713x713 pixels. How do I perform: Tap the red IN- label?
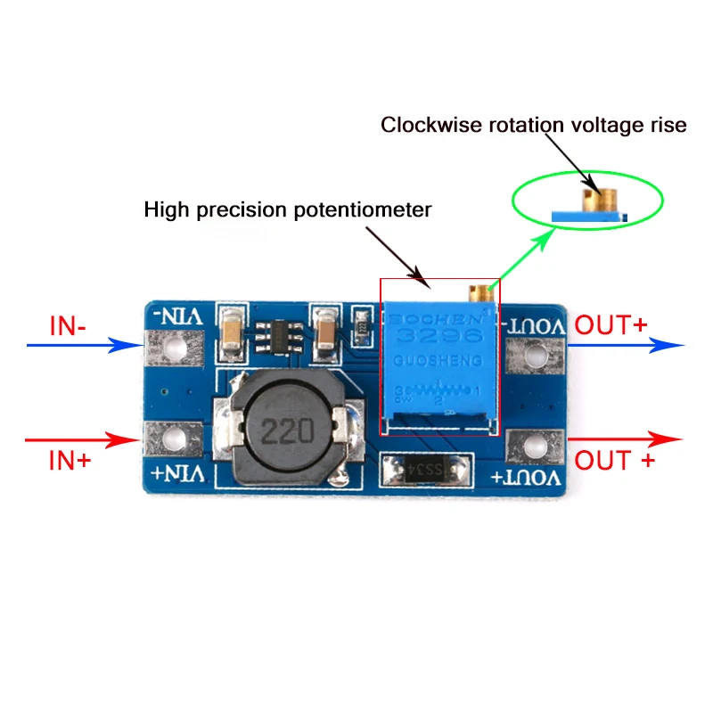pos(68,326)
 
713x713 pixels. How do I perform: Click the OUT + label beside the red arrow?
pos(615,460)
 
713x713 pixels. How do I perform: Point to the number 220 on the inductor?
pos(287,432)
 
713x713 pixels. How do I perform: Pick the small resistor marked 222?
pos(361,323)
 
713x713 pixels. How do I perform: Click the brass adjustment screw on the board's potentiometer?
pos(479,291)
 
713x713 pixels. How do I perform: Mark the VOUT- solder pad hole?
pos(535,356)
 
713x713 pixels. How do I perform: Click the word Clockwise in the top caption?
pos(423,125)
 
